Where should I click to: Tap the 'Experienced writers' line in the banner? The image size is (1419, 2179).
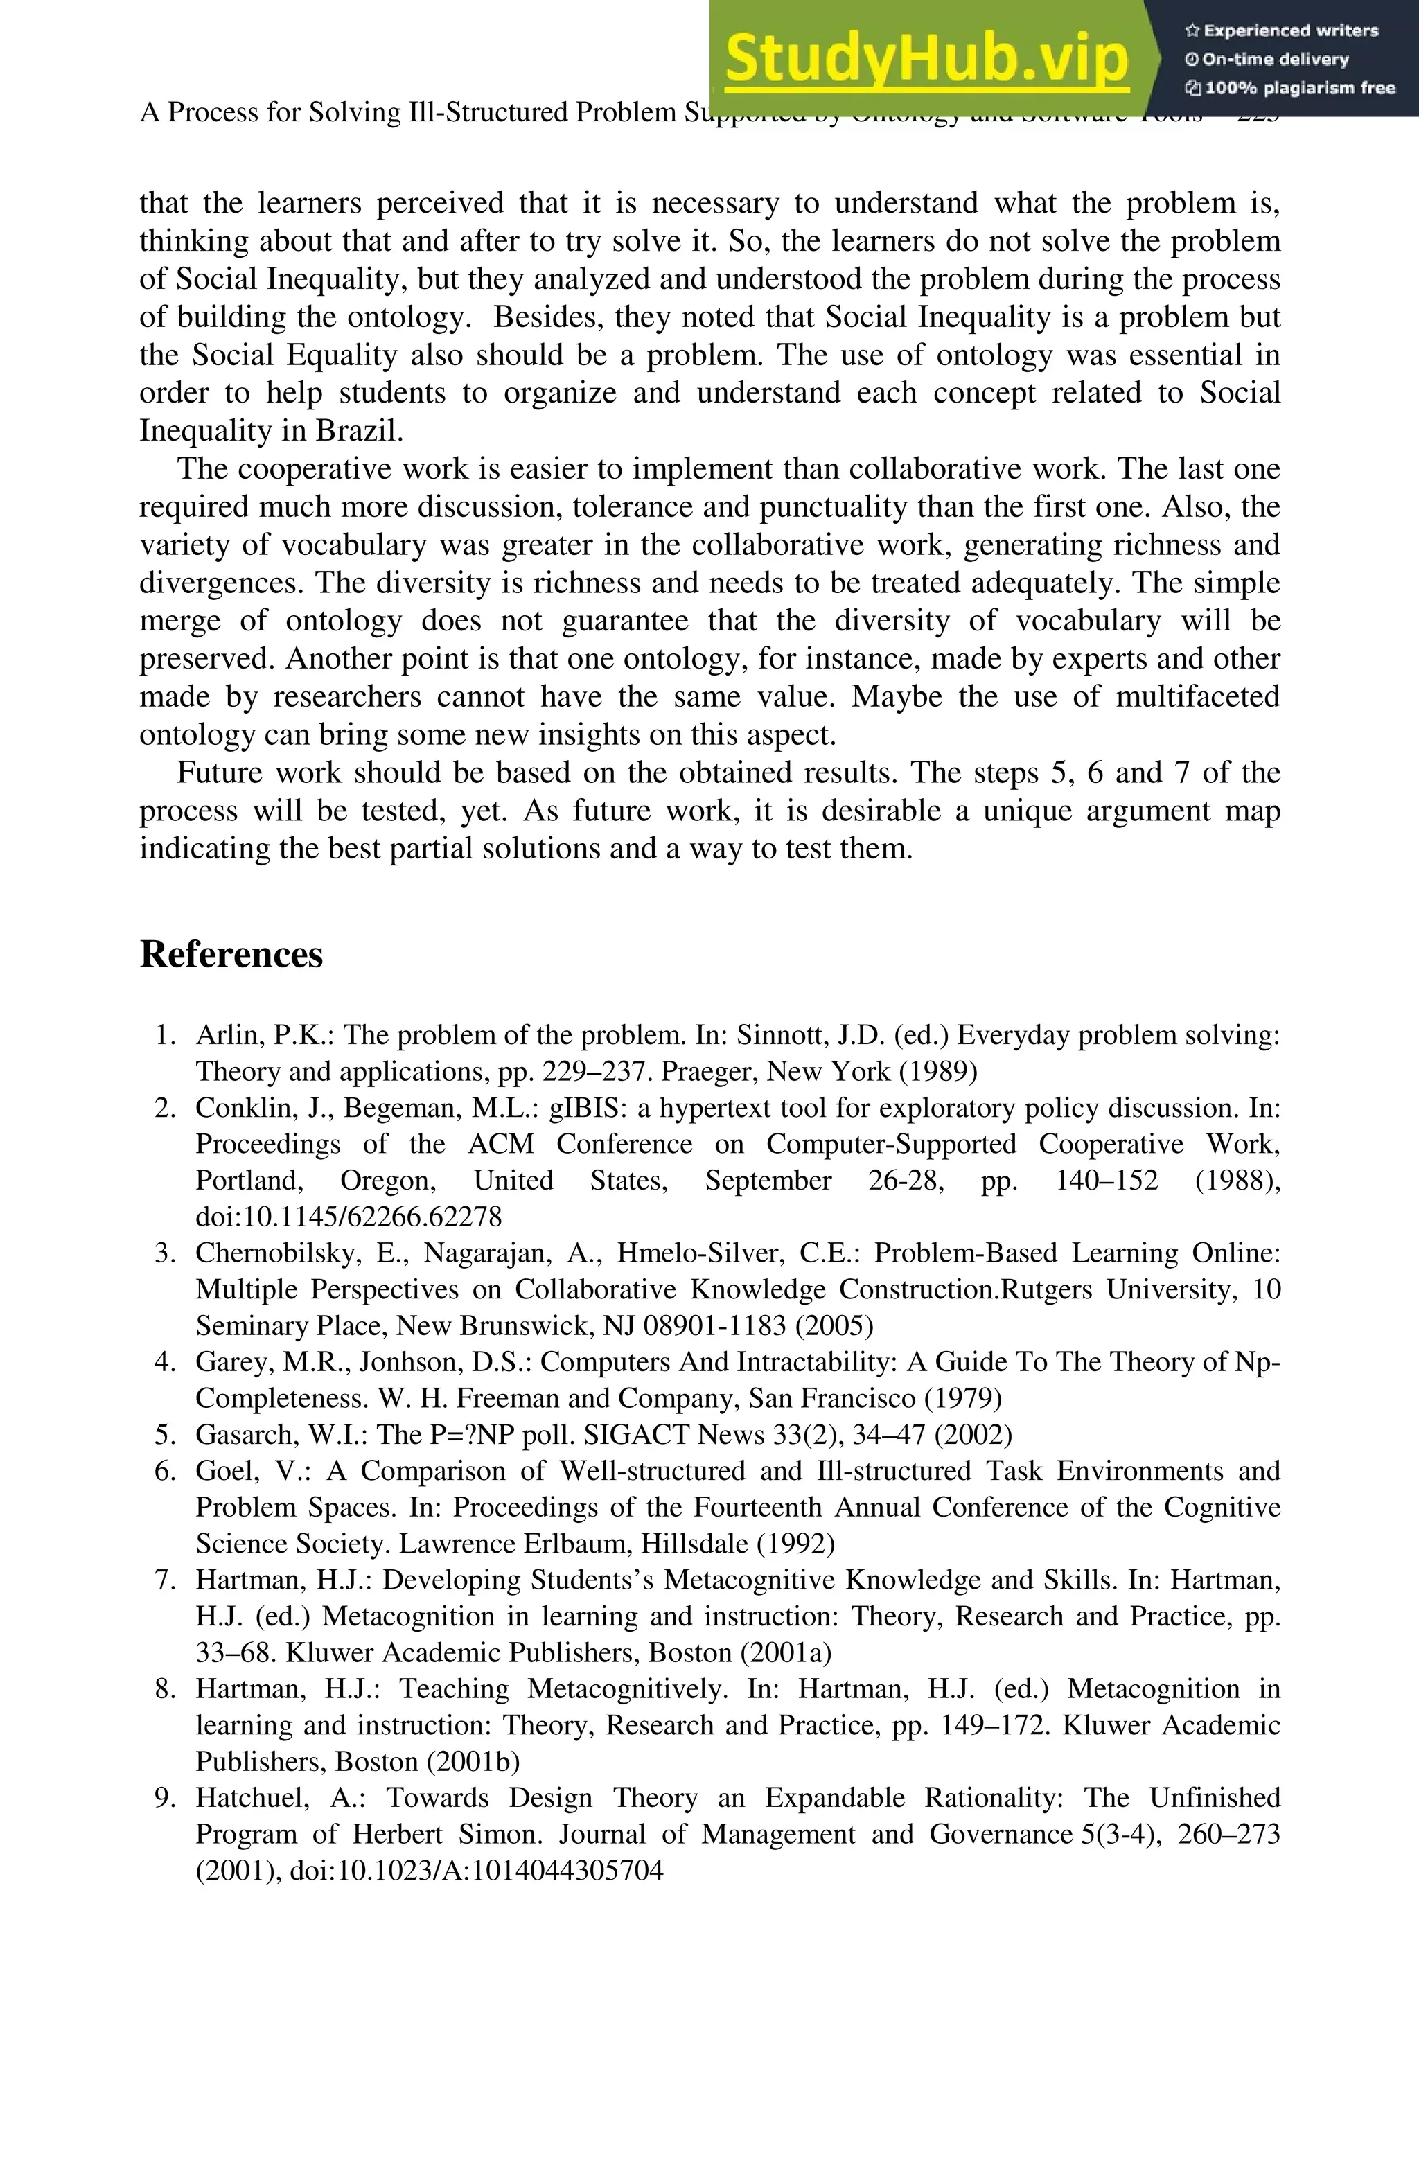[1282, 31]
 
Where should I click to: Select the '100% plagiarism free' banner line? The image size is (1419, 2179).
[1291, 89]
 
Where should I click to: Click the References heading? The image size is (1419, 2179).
[231, 954]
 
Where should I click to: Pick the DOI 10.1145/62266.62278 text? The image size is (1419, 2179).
[349, 1217]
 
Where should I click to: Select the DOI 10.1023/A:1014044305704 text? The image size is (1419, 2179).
[476, 1871]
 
